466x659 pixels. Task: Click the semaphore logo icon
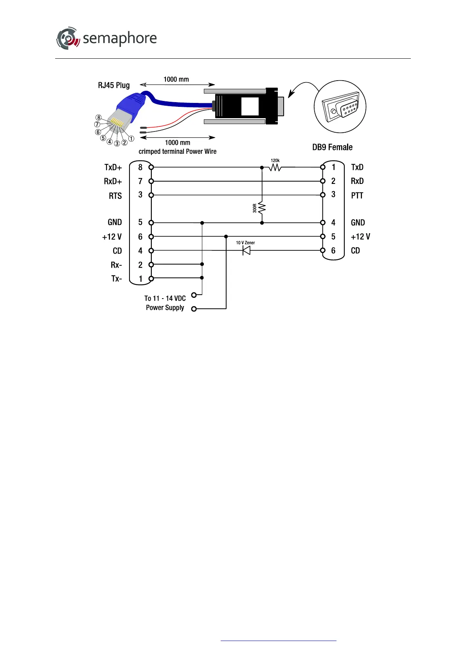click(68, 38)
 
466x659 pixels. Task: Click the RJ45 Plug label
click(113, 85)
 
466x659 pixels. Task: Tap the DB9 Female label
click(332, 147)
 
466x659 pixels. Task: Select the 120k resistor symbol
click(275, 167)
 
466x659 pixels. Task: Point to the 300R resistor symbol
click(262, 207)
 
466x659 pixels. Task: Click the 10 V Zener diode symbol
click(246, 250)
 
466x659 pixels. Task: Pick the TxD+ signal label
click(113, 167)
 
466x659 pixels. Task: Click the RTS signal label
click(115, 196)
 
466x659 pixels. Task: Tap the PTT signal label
click(357, 195)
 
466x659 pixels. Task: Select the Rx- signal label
click(116, 265)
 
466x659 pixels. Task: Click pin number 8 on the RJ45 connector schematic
click(140, 167)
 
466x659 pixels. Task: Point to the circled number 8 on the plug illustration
click(99, 117)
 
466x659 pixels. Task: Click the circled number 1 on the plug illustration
click(131, 139)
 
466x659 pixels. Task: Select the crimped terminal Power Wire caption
click(177, 151)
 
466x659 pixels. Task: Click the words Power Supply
click(165, 308)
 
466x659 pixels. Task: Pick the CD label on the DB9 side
click(355, 250)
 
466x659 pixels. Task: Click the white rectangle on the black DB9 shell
click(250, 106)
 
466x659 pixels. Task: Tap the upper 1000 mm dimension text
click(176, 79)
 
